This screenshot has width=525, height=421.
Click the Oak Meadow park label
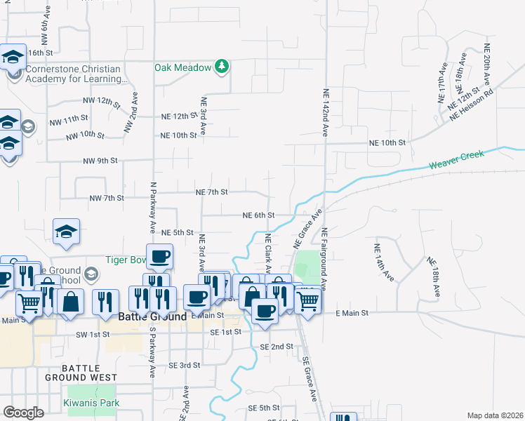pyautogui.click(x=183, y=67)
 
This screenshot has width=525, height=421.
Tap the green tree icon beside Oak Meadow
pyautogui.click(x=222, y=67)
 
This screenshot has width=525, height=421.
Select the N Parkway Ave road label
pyautogui.click(x=152, y=208)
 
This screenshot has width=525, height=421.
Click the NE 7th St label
pyautogui.click(x=211, y=192)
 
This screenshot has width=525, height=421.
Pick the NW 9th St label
pyautogui.click(x=100, y=161)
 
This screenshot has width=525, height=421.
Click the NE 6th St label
pyautogui.click(x=258, y=215)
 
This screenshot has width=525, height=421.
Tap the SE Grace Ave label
pyautogui.click(x=310, y=379)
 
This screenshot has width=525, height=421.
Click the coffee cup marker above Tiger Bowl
pyautogui.click(x=159, y=255)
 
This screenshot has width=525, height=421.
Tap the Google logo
pyautogui.click(x=23, y=413)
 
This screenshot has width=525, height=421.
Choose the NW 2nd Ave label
pyautogui.click(x=131, y=113)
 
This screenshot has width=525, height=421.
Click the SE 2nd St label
pyautogui.click(x=276, y=347)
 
